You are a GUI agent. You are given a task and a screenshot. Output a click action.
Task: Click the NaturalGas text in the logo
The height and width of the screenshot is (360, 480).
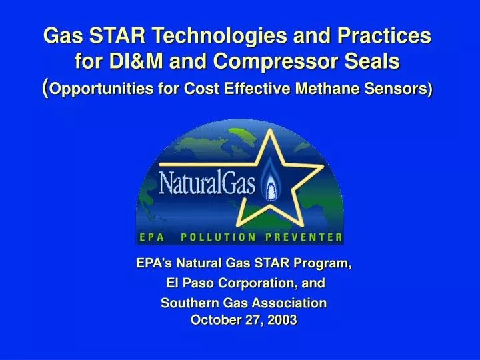click(207, 181)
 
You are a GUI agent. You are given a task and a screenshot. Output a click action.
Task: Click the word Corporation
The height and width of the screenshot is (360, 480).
click(255, 283)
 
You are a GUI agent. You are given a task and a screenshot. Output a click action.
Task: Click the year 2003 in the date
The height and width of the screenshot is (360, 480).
click(281, 320)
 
